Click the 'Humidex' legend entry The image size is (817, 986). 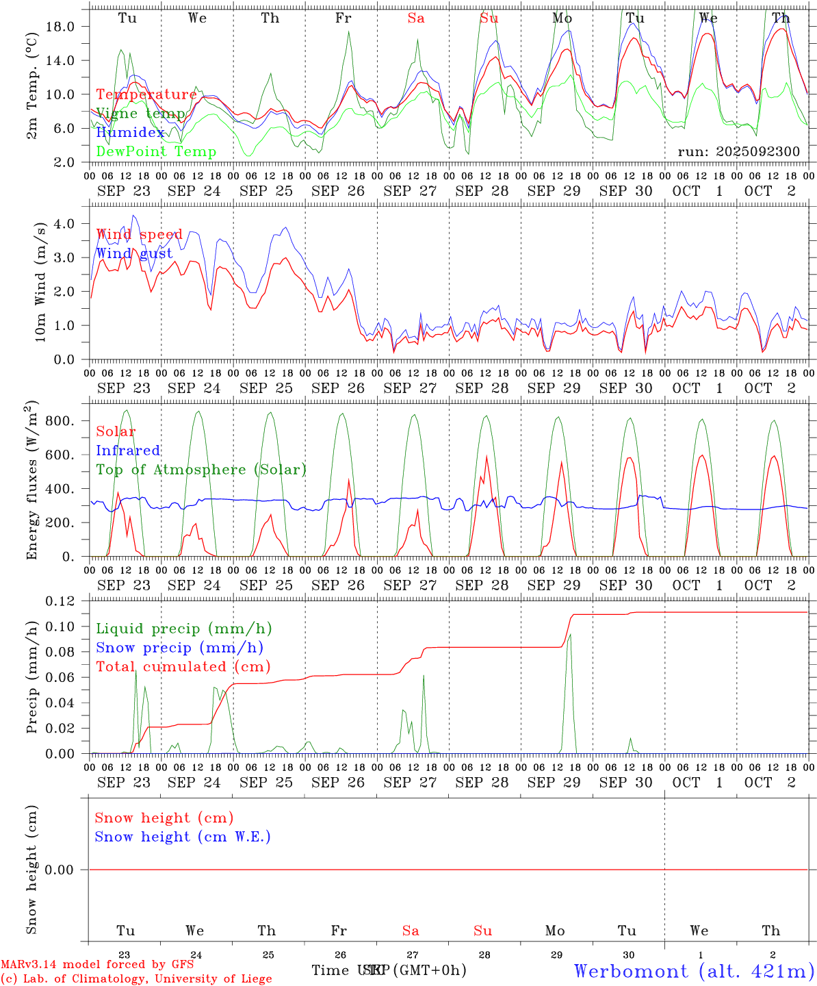click(x=130, y=133)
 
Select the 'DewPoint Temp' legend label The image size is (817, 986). click(x=156, y=152)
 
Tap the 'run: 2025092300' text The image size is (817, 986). click(x=738, y=152)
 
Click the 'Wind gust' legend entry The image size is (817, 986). click(x=134, y=254)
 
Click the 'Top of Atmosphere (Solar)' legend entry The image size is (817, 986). click(x=201, y=470)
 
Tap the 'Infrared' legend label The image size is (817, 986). click(x=128, y=451)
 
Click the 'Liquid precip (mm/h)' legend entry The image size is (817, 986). click(x=183, y=629)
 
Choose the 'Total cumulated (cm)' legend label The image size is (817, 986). click(x=183, y=667)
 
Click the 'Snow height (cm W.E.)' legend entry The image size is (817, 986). click(x=183, y=837)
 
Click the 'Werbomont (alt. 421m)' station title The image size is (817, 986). click(x=694, y=971)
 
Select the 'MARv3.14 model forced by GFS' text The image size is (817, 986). click(x=97, y=965)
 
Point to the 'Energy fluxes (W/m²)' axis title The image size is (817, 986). click(x=32, y=481)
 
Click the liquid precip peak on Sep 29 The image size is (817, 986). click(x=570, y=635)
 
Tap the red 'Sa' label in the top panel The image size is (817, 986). click(x=416, y=18)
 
